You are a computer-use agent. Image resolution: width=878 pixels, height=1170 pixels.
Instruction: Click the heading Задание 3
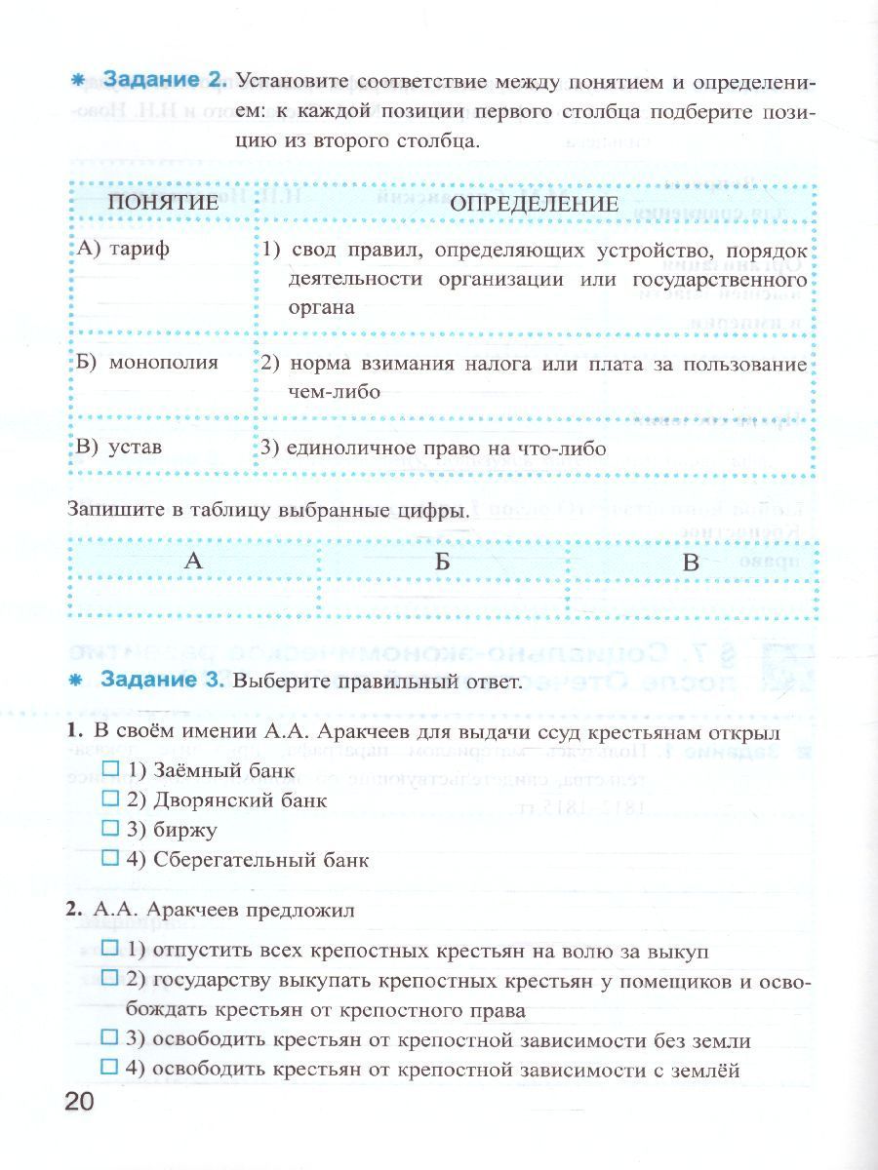coord(166,682)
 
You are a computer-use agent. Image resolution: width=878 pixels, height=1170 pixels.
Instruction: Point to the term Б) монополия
coord(147,362)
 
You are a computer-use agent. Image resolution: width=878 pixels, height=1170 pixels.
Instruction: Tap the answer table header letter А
coord(193,561)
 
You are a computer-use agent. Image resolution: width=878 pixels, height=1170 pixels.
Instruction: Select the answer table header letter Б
coord(443,561)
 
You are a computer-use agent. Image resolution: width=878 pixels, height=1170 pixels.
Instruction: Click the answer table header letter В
coord(691,561)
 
